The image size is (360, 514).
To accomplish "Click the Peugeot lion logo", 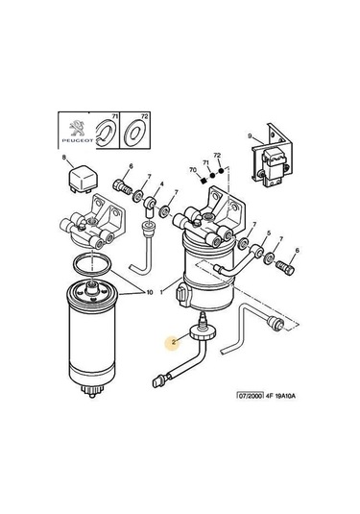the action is [x=77, y=128].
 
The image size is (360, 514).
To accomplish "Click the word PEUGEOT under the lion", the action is [x=78, y=140].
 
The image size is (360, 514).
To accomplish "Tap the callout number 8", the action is [x=64, y=157].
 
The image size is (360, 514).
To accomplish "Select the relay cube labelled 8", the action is [x=83, y=179].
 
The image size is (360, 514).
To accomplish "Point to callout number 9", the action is [x=250, y=135].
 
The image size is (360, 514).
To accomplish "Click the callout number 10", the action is [x=150, y=292].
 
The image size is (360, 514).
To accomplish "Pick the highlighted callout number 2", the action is [x=174, y=342].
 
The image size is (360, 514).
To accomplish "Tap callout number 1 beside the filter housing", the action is [x=161, y=292].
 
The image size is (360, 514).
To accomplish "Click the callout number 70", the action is [x=193, y=169].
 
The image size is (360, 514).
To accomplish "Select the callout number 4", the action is [x=161, y=184].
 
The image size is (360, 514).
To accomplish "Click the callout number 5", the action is [x=269, y=233].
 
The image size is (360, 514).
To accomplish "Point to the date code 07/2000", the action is [x=251, y=396].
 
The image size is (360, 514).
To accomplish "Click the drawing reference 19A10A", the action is [x=285, y=396].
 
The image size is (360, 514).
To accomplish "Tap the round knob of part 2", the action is [x=203, y=332].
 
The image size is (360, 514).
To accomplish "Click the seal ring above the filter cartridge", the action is [x=91, y=263].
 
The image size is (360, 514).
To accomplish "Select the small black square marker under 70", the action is [x=203, y=180].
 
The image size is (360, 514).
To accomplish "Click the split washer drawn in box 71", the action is [x=107, y=134].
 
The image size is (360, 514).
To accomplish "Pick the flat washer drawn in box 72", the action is [x=135, y=133].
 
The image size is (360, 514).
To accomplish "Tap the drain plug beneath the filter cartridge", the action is [x=92, y=391].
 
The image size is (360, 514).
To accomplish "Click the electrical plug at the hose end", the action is [x=158, y=381].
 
